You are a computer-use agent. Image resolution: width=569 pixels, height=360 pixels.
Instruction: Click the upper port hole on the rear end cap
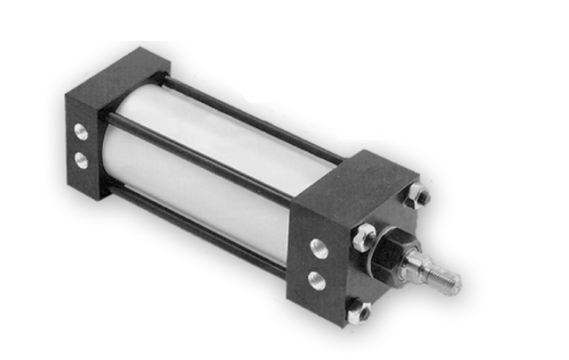80,134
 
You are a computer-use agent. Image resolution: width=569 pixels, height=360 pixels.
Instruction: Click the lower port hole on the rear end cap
81,159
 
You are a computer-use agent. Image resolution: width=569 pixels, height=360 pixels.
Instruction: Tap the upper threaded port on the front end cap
319,250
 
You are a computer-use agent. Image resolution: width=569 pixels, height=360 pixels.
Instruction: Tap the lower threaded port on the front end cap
317,281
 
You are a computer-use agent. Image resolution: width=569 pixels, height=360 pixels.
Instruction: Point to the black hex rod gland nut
389,253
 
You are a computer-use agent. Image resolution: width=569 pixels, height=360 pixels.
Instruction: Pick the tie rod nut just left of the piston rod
364,235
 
